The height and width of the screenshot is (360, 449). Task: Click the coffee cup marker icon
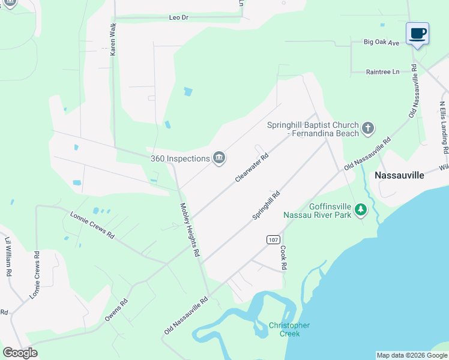tap(417, 34)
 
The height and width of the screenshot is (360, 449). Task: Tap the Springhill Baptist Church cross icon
tap(368, 128)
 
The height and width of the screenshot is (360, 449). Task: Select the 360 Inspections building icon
tap(219, 158)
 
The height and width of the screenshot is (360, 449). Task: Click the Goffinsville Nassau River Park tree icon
tap(360, 209)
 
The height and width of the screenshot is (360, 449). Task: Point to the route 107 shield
tap(273, 239)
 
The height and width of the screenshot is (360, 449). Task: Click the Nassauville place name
tap(399, 175)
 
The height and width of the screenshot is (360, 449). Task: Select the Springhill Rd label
tap(267, 205)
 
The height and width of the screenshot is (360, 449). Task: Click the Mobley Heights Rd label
tap(190, 230)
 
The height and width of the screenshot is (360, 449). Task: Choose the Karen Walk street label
tap(112, 40)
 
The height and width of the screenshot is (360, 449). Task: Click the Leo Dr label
tap(179, 18)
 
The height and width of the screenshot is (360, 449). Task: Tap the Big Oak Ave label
tap(382, 43)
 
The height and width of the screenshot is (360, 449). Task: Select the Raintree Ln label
tap(383, 72)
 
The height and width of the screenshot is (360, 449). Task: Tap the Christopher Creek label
tap(289, 329)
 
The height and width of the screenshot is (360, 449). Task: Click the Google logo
tap(20, 352)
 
